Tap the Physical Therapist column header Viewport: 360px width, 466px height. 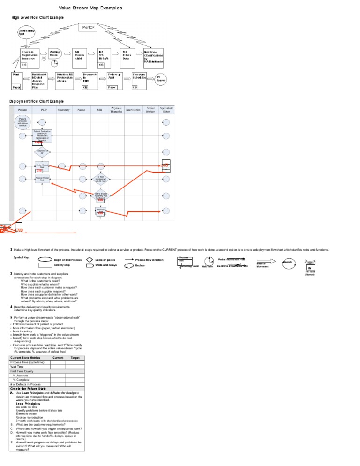click(x=116, y=109)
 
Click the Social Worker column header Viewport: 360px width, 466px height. click(x=150, y=109)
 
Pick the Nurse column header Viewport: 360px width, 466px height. click(x=81, y=110)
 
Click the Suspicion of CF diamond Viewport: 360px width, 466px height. click(x=42, y=152)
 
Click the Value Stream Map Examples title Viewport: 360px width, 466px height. click(x=90, y=8)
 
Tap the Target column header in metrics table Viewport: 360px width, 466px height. click(x=75, y=358)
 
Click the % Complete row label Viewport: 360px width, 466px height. click(x=21, y=380)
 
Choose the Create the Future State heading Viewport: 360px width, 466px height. click(x=28, y=389)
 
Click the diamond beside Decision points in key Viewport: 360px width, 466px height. click(x=89, y=259)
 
